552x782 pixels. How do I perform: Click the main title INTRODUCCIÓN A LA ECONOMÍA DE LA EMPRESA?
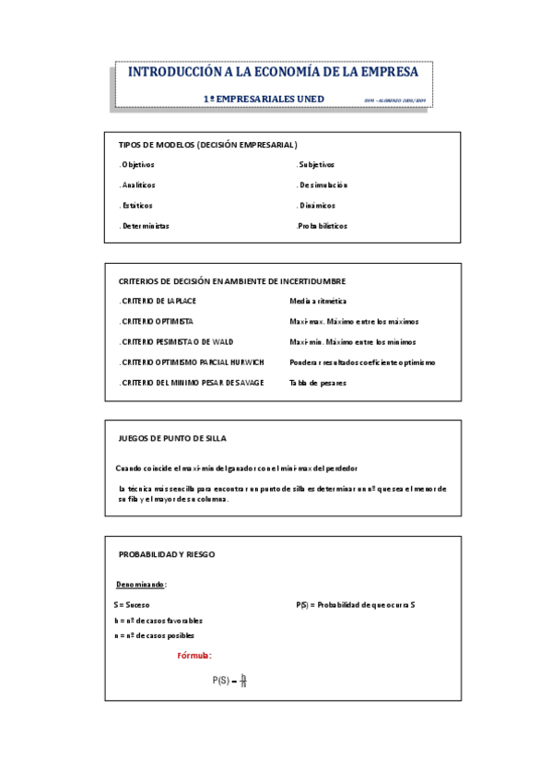272,72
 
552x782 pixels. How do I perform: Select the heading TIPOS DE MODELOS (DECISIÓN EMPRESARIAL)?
207,145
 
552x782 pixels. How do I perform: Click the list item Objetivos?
137,164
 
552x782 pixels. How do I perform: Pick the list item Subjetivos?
316,164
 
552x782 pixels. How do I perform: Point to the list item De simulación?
323,184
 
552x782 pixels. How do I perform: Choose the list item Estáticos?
136,205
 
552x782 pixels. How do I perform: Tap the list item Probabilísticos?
323,225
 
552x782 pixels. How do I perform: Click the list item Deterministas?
145,225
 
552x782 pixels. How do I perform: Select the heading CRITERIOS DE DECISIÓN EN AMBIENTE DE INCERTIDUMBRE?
232,281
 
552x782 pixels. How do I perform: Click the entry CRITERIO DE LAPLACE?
158,301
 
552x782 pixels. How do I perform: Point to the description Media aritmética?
318,301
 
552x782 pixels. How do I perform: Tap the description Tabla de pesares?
318,383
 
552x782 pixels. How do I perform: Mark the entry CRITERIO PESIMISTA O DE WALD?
176,341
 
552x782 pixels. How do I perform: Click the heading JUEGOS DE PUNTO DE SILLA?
172,438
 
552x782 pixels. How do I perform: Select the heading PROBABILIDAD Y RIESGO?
167,554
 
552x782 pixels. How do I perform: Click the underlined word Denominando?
141,585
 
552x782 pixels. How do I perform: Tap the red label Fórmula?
194,656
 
